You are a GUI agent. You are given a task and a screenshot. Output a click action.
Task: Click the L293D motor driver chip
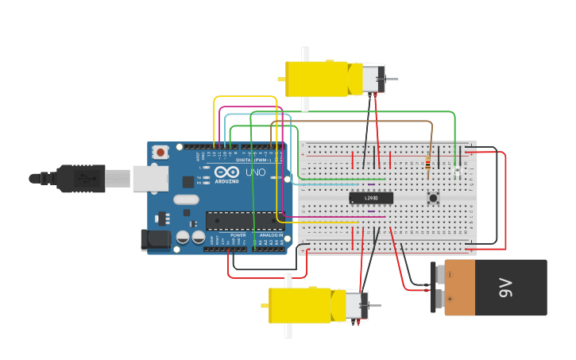tap(371, 198)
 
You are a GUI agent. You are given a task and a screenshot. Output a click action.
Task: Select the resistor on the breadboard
tap(429, 165)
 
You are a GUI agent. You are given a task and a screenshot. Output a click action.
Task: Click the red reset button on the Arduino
tap(161, 152)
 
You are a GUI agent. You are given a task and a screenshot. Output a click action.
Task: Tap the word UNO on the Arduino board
tap(256, 172)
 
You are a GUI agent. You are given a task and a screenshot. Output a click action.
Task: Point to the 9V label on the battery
tap(505, 288)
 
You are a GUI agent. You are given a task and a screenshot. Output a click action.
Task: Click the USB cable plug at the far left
tap(79, 179)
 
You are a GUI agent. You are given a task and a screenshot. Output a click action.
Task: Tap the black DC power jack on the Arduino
tap(155, 239)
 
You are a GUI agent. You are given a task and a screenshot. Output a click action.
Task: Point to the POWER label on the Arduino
tap(238, 235)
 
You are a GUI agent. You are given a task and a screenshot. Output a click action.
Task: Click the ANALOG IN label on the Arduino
tap(269, 235)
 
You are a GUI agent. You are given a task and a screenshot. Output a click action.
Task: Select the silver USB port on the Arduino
tap(149, 179)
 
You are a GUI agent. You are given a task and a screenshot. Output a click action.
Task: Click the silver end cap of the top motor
tap(372, 79)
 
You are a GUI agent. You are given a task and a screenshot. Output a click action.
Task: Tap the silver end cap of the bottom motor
tap(355, 306)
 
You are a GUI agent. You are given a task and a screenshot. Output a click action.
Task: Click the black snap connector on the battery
tap(435, 287)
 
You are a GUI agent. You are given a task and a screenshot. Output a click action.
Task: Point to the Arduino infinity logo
tap(226, 172)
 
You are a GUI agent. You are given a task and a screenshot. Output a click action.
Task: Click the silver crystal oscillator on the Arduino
tap(185, 199)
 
